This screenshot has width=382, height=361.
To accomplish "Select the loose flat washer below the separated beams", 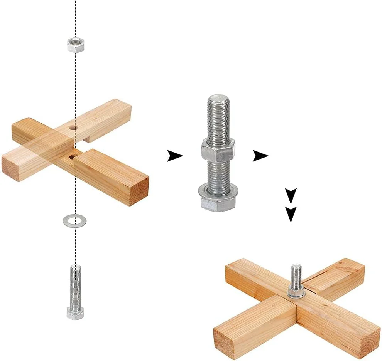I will tap(74, 221).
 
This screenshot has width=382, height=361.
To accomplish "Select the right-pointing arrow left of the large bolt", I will tap(175, 156).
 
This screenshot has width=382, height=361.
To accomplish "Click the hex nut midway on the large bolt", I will tap(218, 149).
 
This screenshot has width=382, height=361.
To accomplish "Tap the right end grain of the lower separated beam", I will tap(140, 191).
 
